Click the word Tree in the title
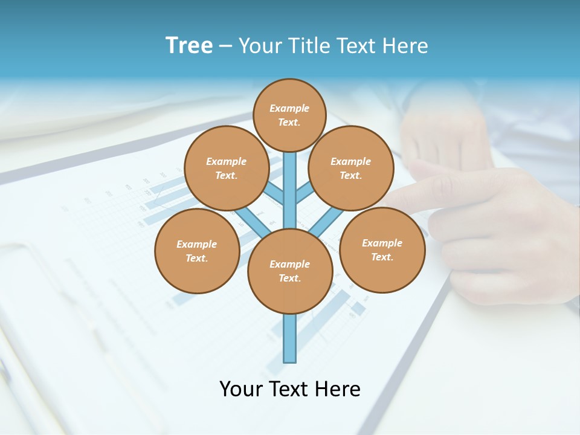[189, 45]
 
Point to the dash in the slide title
[225, 47]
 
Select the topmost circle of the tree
[289, 115]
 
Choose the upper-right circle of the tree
[351, 168]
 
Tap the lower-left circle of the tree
[197, 251]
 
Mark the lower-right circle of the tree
[382, 250]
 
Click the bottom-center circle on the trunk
[290, 271]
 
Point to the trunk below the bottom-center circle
[290, 338]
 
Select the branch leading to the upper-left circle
[275, 194]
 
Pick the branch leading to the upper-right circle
[304, 194]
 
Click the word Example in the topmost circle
[289, 108]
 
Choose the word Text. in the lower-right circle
[382, 257]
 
